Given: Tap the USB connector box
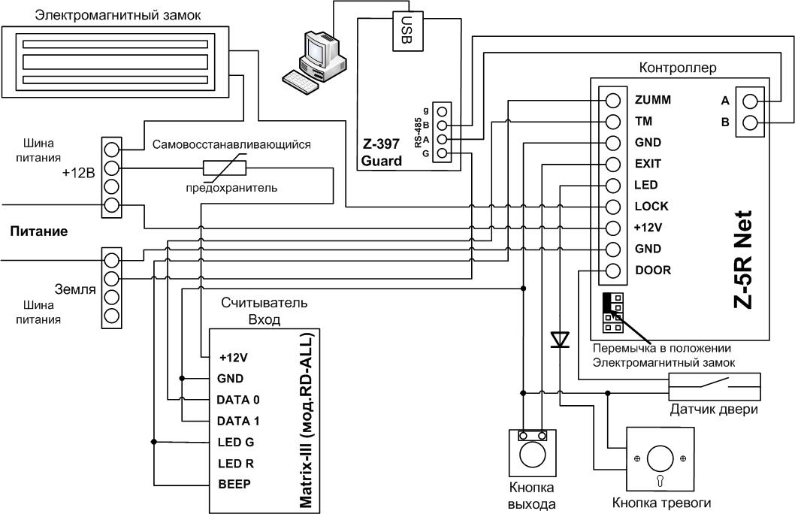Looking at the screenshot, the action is [407, 31].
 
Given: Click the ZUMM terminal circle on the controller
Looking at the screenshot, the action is [613, 101].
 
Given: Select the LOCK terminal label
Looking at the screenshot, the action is [651, 207].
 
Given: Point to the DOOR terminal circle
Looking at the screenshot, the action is [613, 271].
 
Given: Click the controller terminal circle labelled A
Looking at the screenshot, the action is [750, 101].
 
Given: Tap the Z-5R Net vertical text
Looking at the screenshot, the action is [743, 259].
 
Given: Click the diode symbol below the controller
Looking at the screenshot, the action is [560, 339].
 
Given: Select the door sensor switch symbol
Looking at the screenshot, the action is [715, 387].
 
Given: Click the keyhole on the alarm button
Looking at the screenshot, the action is [660, 481].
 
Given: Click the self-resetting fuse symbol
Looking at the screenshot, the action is [225, 168].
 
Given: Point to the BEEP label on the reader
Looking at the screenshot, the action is [234, 484].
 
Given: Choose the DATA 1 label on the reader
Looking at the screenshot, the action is [237, 421].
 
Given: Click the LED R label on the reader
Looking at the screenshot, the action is [236, 464].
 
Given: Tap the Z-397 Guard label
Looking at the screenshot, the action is [381, 153].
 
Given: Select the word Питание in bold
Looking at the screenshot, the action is [39, 231].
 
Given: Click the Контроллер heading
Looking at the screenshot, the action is [678, 68].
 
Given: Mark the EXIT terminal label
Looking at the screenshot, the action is [648, 164].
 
